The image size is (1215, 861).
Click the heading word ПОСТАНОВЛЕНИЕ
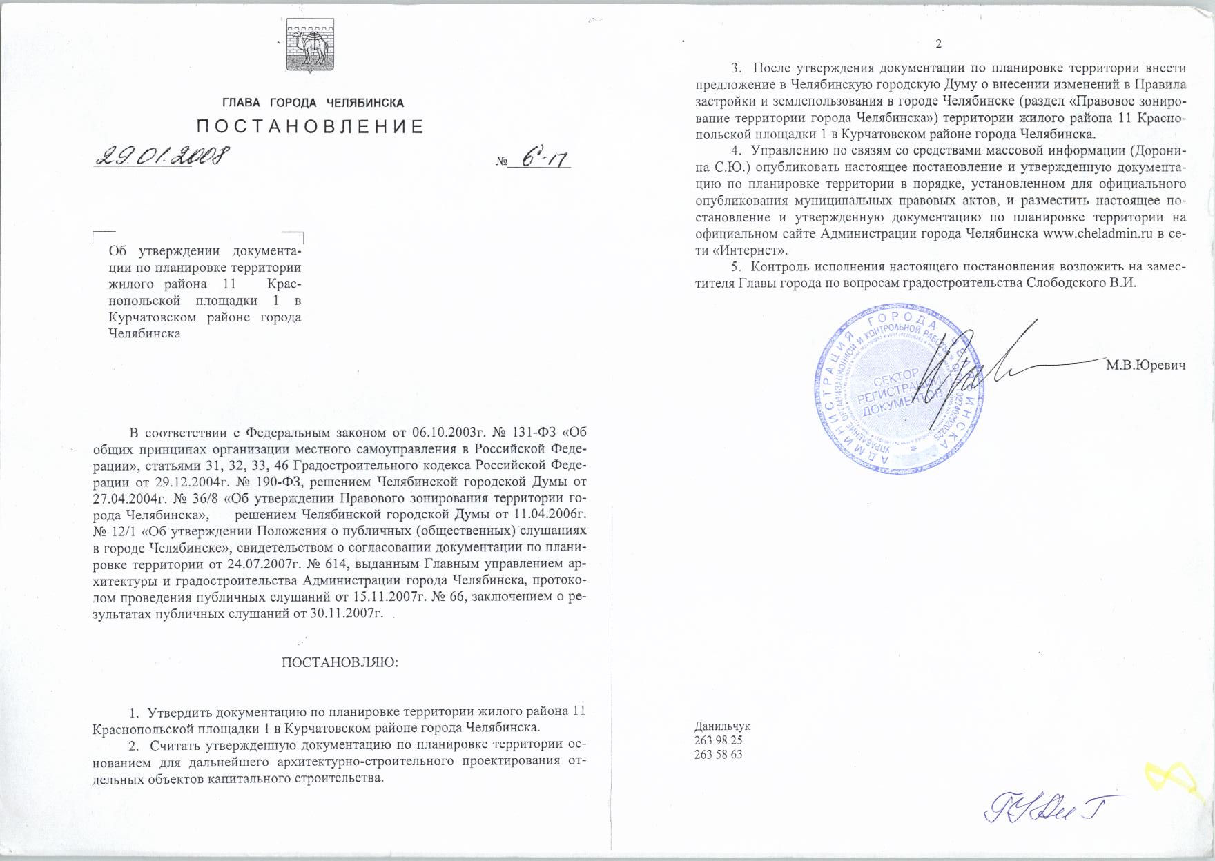tap(311, 126)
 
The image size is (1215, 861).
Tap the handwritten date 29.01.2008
tap(162, 157)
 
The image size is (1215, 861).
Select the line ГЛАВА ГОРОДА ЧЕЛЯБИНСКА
tap(313, 103)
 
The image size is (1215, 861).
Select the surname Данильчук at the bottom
tap(722, 726)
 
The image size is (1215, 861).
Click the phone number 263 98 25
tap(719, 740)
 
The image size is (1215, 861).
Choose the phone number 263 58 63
tap(719, 754)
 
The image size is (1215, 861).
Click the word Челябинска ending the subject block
tap(144, 333)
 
